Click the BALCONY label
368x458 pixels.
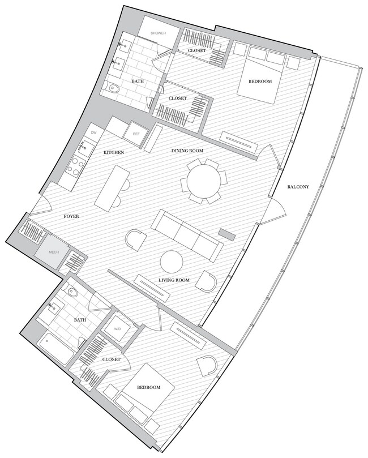(298, 187)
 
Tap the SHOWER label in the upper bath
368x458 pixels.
(158, 33)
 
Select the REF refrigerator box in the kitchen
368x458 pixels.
(136, 134)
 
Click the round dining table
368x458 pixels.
(202, 181)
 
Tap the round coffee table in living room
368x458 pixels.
(172, 262)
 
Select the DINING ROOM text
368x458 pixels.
(187, 151)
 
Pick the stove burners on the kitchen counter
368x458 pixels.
(75, 167)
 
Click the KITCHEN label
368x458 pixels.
(113, 153)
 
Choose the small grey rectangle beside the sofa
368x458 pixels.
(227, 234)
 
